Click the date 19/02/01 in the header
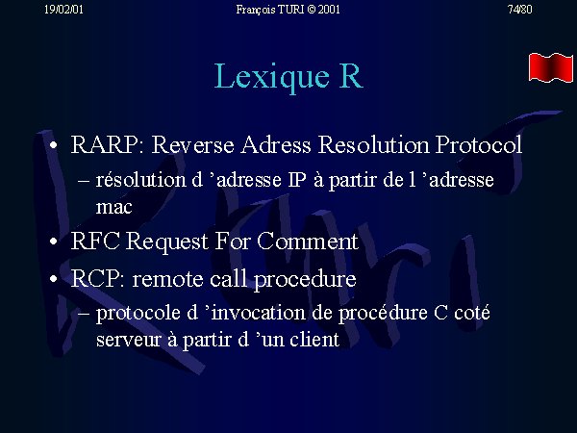tap(63, 10)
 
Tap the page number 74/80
tap(519, 10)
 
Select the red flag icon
tap(551, 67)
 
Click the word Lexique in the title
tap(271, 77)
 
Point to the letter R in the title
tap(351, 76)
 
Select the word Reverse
tap(193, 144)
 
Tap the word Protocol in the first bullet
tap(479, 144)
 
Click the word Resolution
tap(373, 144)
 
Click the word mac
tap(113, 207)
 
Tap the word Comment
tap(308, 242)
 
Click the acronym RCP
tap(97, 278)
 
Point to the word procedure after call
tap(305, 280)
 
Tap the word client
tap(314, 340)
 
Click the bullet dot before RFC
tap(54, 242)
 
